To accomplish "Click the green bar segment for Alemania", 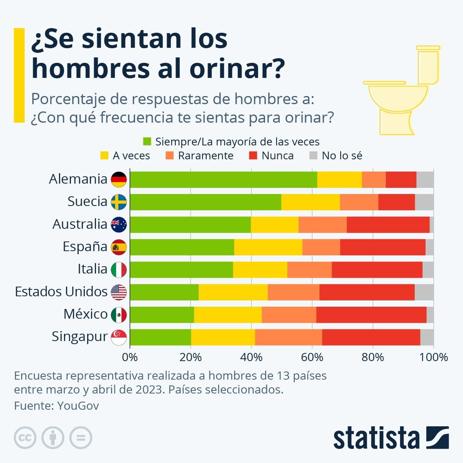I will coord(223,180).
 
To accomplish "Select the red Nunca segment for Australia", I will coord(388,225).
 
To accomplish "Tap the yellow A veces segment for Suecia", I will coord(310,202).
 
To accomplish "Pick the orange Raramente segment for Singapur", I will coord(289,337).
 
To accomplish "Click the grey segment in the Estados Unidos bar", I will coord(424,292).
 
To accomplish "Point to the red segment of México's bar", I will coord(371,315).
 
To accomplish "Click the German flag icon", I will coord(119,179).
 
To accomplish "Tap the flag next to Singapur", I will coord(119,337).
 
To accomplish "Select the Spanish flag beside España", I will coord(119,247).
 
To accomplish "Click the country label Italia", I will coord(92,269).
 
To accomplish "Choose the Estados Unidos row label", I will coord(61,292).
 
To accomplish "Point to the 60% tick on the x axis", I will coord(312,357).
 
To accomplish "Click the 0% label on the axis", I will coord(130,357).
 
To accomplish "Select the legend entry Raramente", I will coord(205,156).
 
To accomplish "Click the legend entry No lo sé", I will coord(342,156).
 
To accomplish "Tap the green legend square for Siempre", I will coord(147,142).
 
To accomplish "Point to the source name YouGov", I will coord(78,406).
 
